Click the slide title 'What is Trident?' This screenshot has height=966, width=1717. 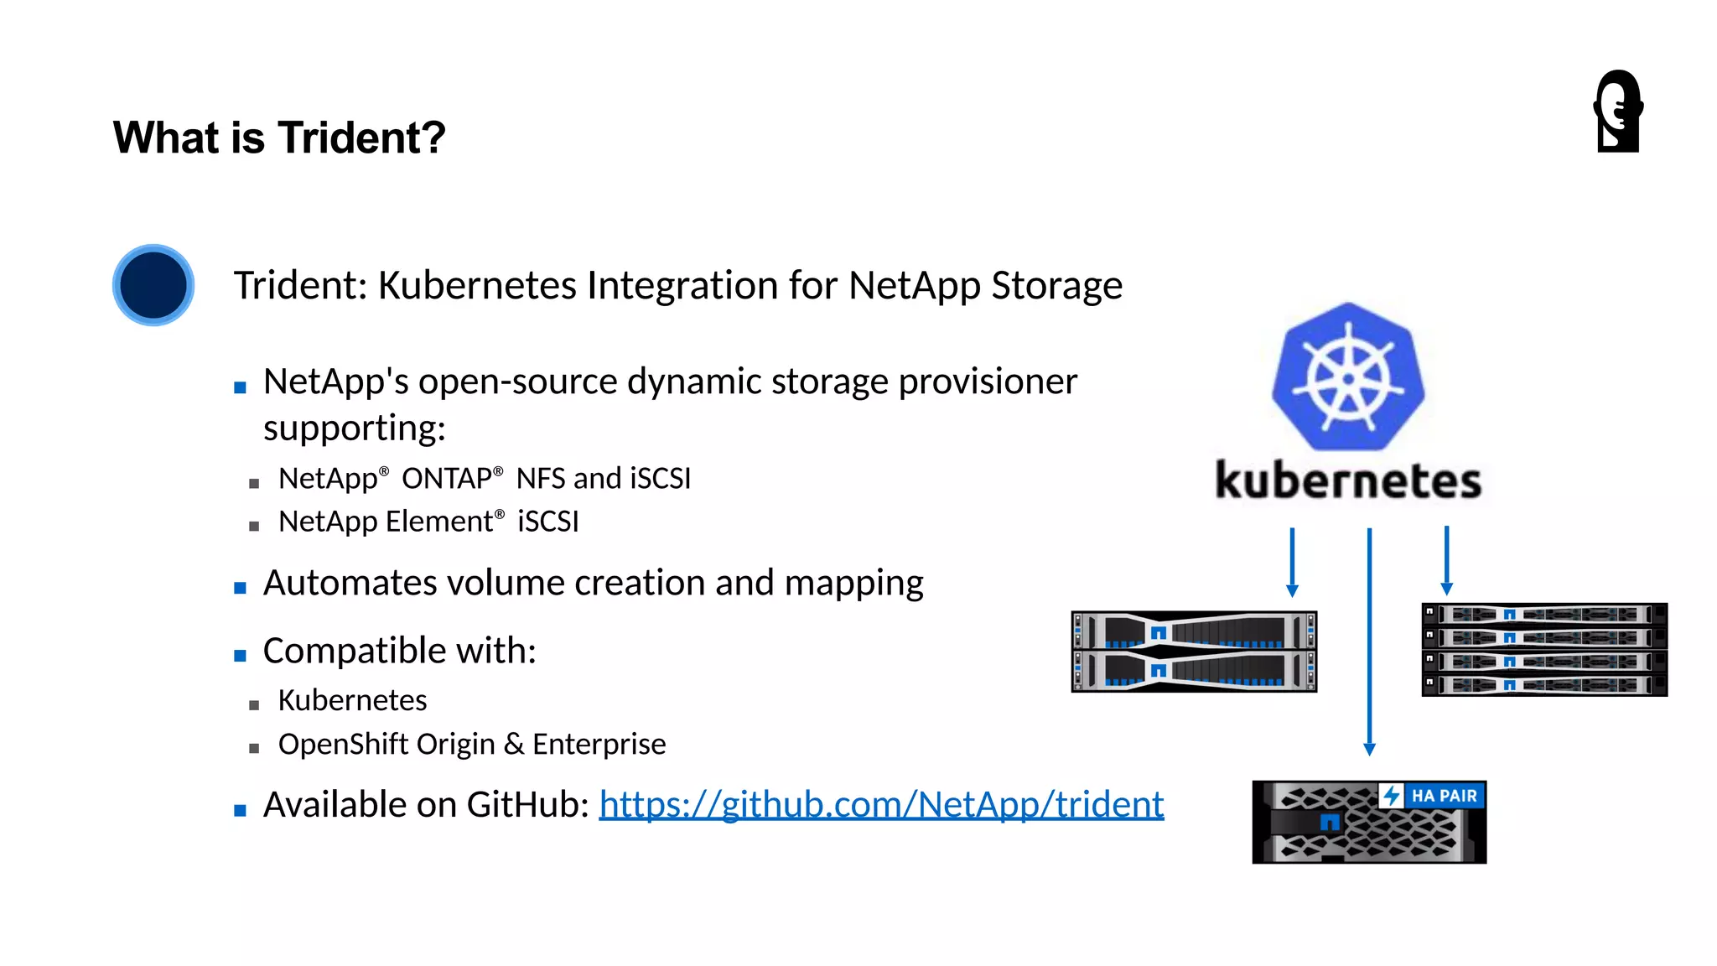[x=279, y=138]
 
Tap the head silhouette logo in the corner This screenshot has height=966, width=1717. [x=1618, y=112]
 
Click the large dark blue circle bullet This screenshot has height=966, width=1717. [x=153, y=285]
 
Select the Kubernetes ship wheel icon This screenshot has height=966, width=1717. [x=1348, y=378]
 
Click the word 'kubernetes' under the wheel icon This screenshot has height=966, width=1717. [x=1348, y=480]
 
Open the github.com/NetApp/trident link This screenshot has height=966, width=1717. [x=881, y=804]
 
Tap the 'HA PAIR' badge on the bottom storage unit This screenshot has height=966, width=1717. [x=1433, y=795]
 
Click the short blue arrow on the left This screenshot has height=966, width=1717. [x=1292, y=562]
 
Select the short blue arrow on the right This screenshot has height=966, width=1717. [x=1446, y=560]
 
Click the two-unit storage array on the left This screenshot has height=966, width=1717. [x=1194, y=652]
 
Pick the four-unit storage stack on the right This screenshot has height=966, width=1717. [x=1544, y=649]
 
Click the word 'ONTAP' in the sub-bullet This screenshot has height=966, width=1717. [x=447, y=479]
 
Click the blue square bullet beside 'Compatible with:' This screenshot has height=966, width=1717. [x=241, y=656]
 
